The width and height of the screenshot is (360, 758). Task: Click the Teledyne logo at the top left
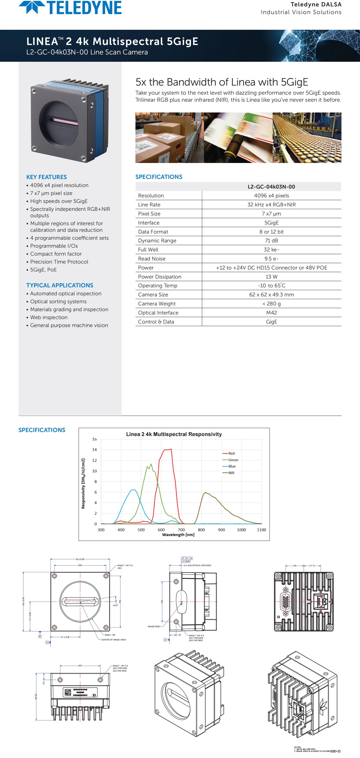[70, 8]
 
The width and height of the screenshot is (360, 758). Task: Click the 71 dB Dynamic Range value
[271, 240]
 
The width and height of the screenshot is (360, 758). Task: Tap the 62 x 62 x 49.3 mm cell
[271, 295]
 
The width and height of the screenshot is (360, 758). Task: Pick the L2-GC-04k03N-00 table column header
[271, 187]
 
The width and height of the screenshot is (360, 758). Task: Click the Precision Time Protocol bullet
[59, 262]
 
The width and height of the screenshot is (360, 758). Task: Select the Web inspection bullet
[49, 317]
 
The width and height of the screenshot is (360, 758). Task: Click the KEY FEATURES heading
[47, 177]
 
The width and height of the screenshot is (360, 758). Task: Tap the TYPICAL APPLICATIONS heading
[60, 285]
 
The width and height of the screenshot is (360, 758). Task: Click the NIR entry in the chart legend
[231, 473]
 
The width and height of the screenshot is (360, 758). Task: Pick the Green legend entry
[233, 460]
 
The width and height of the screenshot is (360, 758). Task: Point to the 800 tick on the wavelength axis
[201, 530]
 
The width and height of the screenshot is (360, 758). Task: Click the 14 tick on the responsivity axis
[94, 450]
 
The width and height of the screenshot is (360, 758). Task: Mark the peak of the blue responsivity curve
[133, 490]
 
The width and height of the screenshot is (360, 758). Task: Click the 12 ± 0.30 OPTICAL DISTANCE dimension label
[197, 565]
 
